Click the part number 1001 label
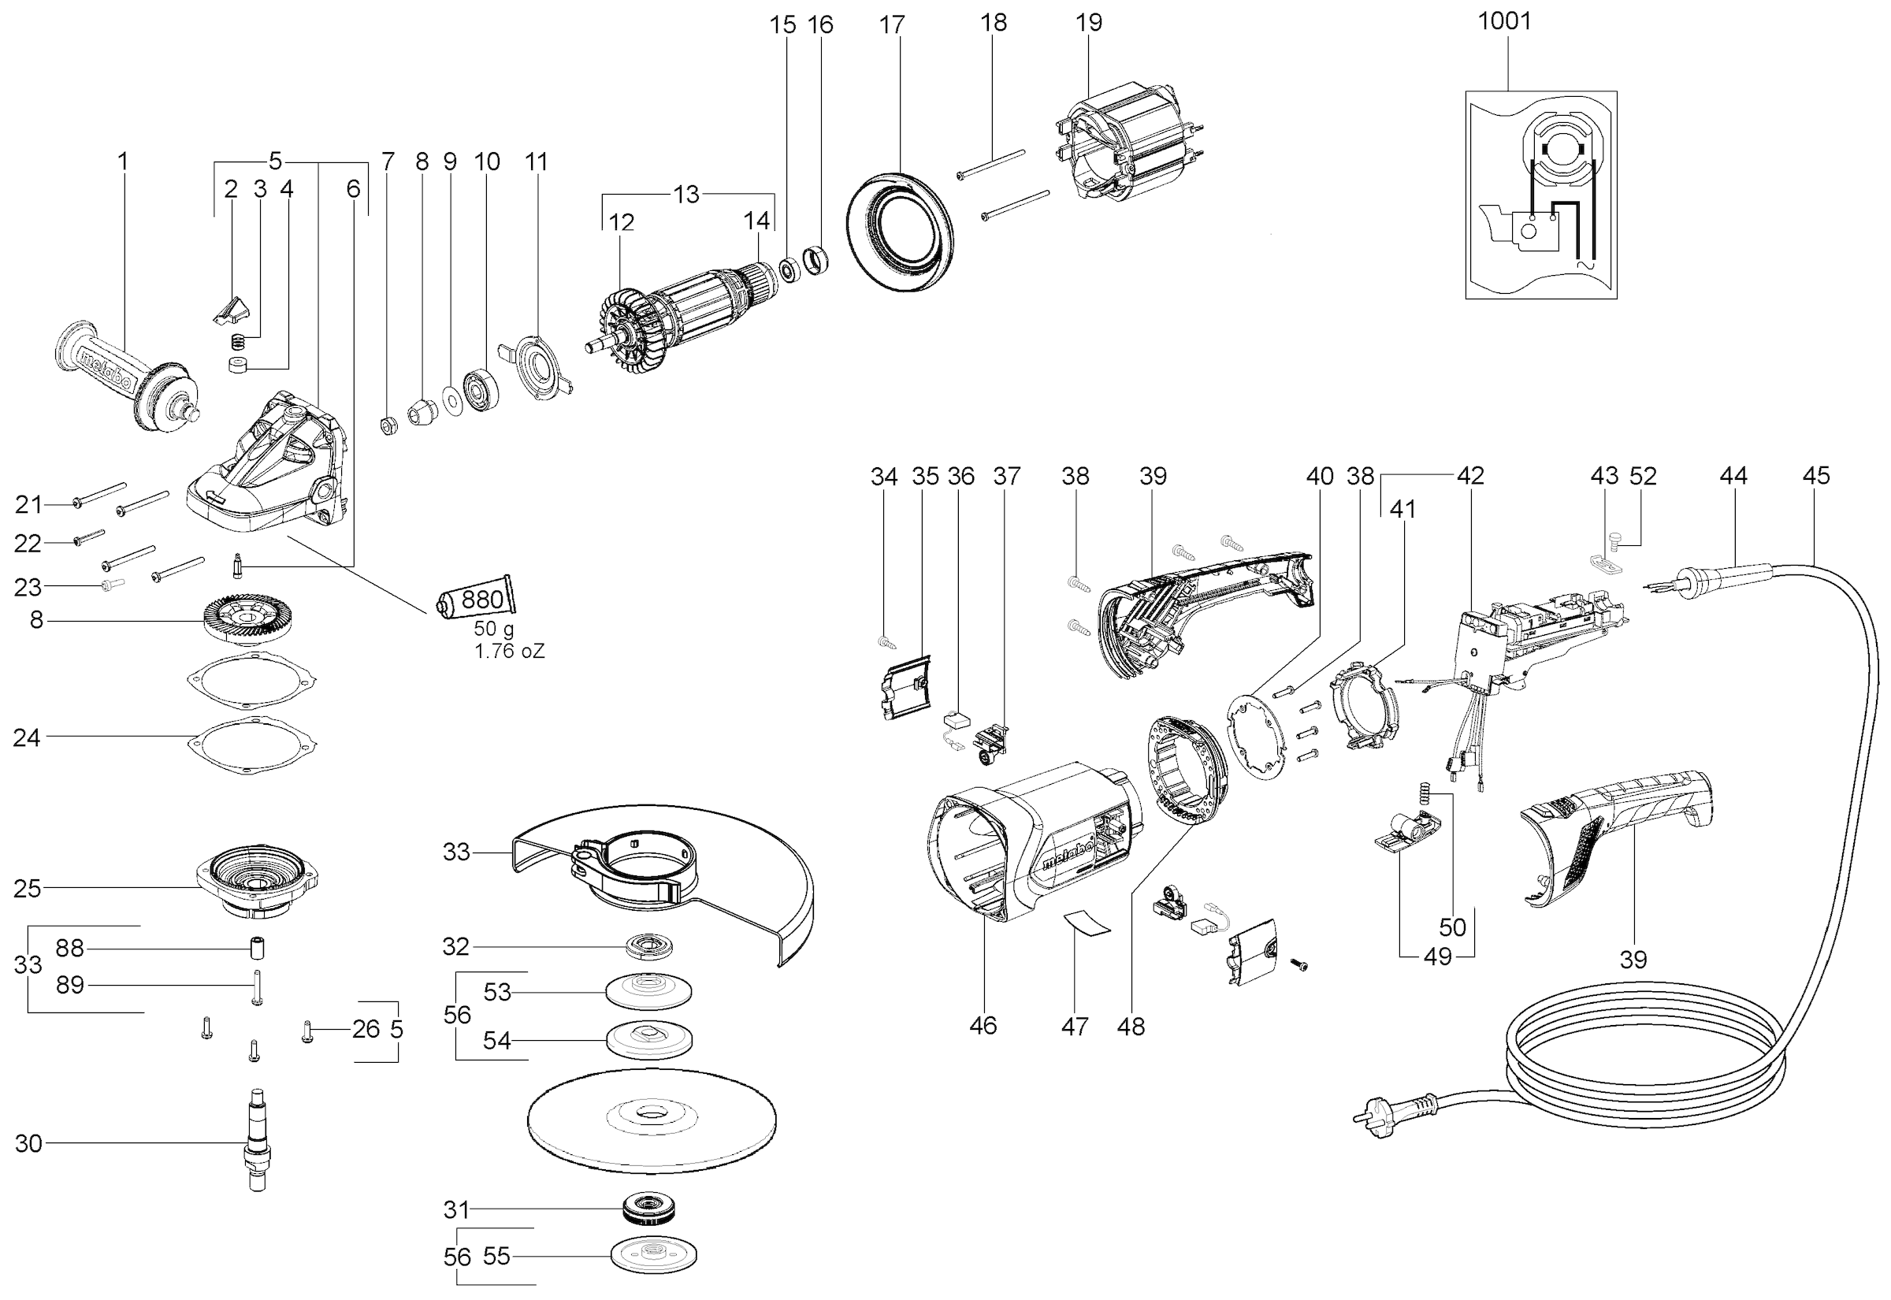(1504, 21)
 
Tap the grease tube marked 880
(477, 600)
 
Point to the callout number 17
(892, 25)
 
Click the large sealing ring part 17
(899, 232)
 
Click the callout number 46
(983, 1026)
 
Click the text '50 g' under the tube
(492, 630)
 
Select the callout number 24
(27, 738)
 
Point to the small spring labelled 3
(238, 341)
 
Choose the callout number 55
(496, 1257)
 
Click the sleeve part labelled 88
(258, 949)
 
